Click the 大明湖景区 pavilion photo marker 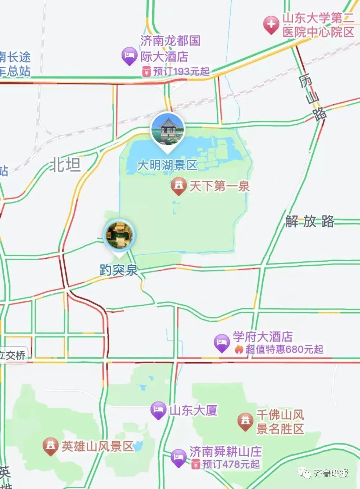tap(167, 129)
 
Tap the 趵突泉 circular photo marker tap(119, 235)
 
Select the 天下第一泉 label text tap(220, 186)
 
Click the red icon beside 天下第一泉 tap(178, 186)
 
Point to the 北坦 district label tap(65, 165)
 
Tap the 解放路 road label tap(310, 221)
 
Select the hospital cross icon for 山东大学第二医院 tap(271, 25)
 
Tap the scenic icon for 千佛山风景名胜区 tap(245, 421)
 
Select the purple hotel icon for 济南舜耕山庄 tap(178, 458)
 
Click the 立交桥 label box tap(13, 355)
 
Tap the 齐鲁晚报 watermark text tap(331, 473)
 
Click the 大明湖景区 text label tap(167, 166)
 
